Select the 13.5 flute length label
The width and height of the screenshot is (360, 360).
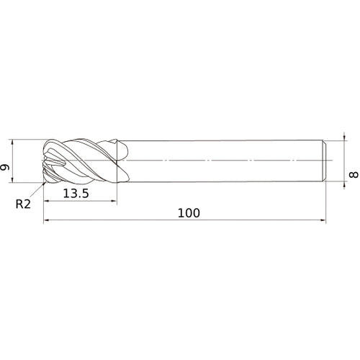[76, 194]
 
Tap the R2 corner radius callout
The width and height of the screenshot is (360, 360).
[24, 204]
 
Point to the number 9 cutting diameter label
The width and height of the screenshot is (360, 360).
[6, 168]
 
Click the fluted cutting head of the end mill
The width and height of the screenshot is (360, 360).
[83, 161]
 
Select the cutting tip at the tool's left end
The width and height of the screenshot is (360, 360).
[47, 161]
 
